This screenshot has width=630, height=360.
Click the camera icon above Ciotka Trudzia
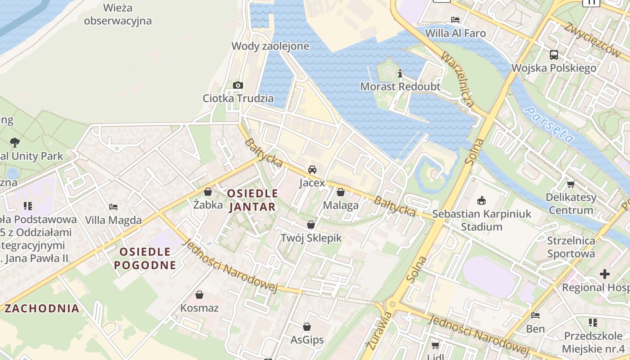click(x=238, y=85)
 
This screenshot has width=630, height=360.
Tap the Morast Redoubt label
click(x=400, y=86)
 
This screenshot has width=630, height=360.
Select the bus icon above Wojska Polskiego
click(x=554, y=55)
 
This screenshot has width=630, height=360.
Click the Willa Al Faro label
click(x=455, y=33)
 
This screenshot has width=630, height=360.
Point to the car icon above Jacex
click(x=312, y=170)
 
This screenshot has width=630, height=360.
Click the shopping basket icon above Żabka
click(x=208, y=192)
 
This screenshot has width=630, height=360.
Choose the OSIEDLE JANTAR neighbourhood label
click(x=252, y=200)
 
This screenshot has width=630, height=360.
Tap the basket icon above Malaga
click(x=341, y=192)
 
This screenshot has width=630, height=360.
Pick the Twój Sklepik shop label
click(x=311, y=238)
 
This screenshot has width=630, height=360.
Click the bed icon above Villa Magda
click(x=113, y=207)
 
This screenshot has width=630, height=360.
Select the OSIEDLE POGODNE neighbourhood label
click(x=145, y=258)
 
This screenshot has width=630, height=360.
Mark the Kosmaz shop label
click(x=199, y=308)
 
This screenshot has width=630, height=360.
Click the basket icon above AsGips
click(x=307, y=327)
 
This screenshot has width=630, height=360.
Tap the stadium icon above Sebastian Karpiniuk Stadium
click(x=481, y=200)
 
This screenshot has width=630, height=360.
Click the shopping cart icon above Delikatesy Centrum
click(x=571, y=184)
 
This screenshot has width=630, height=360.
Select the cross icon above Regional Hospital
click(x=605, y=274)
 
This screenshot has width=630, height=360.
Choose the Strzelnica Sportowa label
click(x=571, y=247)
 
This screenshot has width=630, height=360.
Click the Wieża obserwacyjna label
click(x=117, y=14)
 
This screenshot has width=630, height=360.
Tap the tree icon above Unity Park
click(x=15, y=143)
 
